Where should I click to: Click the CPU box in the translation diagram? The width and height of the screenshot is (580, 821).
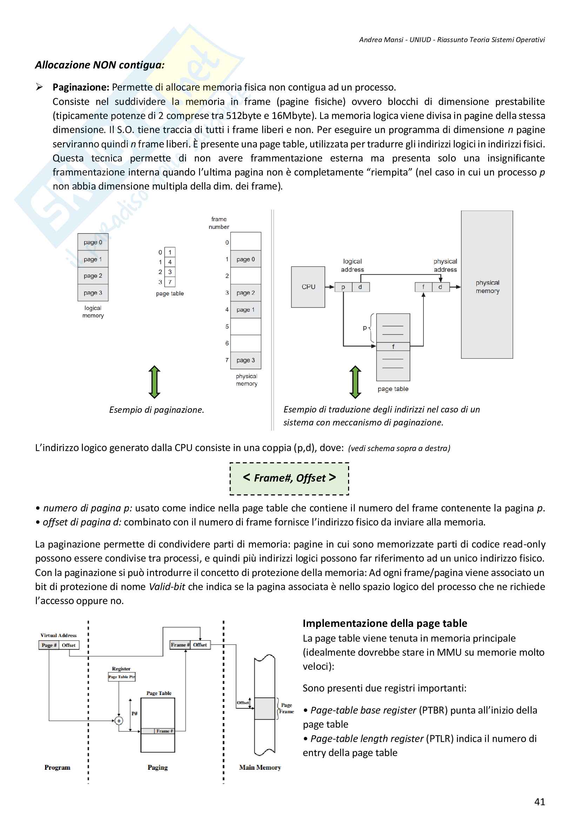308,287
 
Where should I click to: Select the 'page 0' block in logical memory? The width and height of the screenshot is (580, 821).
93,242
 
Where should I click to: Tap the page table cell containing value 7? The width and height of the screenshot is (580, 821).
170,282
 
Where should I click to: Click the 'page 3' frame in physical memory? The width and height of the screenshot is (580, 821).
246,360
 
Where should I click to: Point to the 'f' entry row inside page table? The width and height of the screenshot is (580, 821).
393,346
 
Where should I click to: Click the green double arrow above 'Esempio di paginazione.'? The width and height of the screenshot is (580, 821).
154,382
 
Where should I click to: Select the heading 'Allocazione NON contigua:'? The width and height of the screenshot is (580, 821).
100,65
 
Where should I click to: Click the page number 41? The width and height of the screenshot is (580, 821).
539,802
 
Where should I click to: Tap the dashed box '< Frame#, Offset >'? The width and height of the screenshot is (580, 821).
289,478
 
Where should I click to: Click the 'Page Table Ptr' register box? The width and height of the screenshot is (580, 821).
121,676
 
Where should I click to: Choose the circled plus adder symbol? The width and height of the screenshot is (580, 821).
119,721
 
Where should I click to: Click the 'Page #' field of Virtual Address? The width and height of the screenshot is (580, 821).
49,645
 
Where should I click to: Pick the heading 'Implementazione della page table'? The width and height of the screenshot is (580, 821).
385,623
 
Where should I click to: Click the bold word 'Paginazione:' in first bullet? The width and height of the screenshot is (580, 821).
81,87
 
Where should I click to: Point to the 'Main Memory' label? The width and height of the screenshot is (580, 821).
260,767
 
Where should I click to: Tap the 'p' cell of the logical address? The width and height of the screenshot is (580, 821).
343,287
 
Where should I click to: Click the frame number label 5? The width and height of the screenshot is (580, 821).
227,326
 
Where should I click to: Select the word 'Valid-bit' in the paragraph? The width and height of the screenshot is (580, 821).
167,587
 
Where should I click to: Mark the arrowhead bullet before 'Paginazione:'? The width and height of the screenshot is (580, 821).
39,87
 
